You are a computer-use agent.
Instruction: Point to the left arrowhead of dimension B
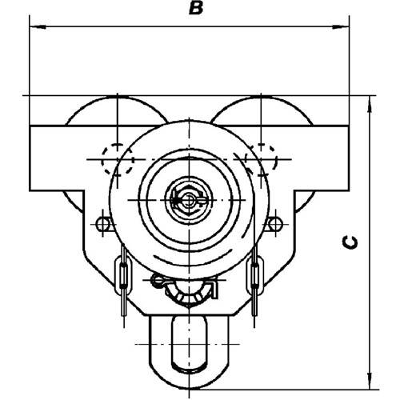click(x=33, y=29)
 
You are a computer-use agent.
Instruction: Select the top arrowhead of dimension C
click(x=370, y=101)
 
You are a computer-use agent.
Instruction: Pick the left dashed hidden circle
click(x=118, y=158)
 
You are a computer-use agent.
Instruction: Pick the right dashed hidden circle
click(x=261, y=158)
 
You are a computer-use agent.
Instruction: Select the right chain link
click(x=255, y=273)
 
